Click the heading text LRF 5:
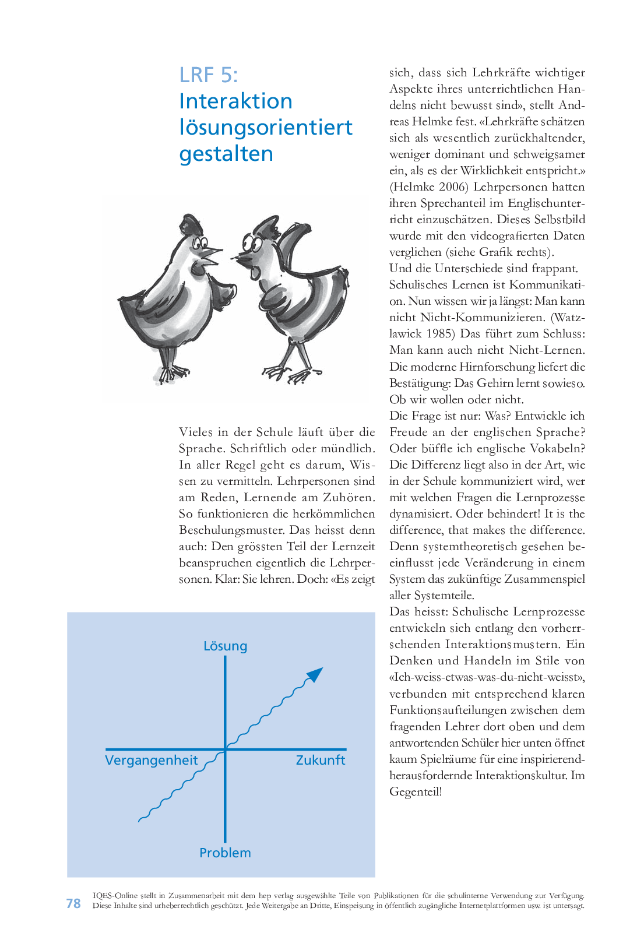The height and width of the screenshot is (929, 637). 208,75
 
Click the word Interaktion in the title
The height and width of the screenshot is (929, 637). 235,101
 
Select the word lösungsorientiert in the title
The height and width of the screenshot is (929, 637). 266,128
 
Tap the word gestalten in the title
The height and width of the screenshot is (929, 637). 226,154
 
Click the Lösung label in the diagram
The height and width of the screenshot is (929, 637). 225,646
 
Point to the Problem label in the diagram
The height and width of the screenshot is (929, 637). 225,853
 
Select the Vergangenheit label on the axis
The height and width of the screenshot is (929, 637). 152,760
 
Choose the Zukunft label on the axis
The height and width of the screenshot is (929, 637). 320,760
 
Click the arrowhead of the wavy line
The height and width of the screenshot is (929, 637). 315,674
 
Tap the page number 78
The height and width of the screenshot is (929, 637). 73,903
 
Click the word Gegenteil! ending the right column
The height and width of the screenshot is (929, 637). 416,792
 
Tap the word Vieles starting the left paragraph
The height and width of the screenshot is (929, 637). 196,432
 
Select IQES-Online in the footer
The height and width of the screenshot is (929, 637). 115,896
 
